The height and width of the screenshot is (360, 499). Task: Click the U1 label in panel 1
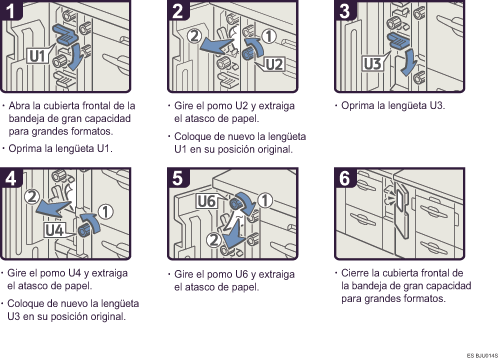click(x=37, y=56)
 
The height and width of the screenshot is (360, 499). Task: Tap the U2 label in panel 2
click(x=275, y=64)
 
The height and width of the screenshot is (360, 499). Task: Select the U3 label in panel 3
click(x=372, y=63)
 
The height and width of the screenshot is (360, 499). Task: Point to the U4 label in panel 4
click(x=55, y=230)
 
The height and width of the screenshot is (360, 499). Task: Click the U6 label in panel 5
click(x=207, y=201)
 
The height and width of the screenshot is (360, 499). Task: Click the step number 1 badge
click(x=10, y=10)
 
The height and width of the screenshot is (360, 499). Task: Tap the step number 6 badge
click(x=345, y=178)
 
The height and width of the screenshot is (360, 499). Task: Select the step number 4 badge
click(x=11, y=178)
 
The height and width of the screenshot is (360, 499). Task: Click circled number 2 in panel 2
click(x=194, y=36)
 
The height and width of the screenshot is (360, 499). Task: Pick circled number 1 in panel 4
click(x=105, y=212)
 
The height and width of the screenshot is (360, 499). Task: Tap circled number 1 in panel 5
click(x=265, y=200)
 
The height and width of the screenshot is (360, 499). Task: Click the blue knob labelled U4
click(x=83, y=230)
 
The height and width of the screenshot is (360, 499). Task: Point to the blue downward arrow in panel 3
click(x=409, y=62)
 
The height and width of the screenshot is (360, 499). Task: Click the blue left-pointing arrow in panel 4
click(x=53, y=208)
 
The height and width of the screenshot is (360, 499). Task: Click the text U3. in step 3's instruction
click(x=437, y=106)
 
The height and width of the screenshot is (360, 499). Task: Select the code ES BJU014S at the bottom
click(x=482, y=355)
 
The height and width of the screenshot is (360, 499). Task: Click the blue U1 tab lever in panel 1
click(x=65, y=34)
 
